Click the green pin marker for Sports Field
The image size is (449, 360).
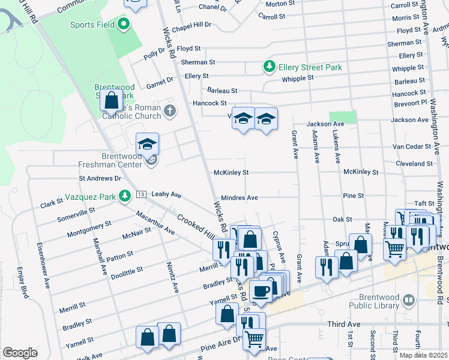pyautogui.click(x=124, y=25)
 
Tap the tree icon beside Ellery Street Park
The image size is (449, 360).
pyautogui.click(x=270, y=67)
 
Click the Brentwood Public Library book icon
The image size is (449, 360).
pyautogui.click(x=409, y=299)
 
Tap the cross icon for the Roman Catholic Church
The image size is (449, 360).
pyautogui.click(x=170, y=110)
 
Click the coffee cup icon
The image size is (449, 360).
pyautogui.click(x=261, y=292)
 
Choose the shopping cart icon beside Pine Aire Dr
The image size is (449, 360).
pyautogui.click(x=255, y=338)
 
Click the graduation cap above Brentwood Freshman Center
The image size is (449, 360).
pyautogui.click(x=147, y=145)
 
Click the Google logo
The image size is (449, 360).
pyautogui.click(x=20, y=353)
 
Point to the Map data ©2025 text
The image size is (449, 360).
pyautogui.click(x=423, y=355)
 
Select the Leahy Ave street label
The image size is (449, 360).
pyautogui.click(x=166, y=194)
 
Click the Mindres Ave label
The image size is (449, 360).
pyautogui.click(x=240, y=197)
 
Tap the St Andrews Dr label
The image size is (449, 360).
pyautogui.click(x=100, y=178)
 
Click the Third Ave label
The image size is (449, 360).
pyautogui.click(x=344, y=324)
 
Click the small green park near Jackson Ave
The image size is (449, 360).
pyautogui.click(x=343, y=117)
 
